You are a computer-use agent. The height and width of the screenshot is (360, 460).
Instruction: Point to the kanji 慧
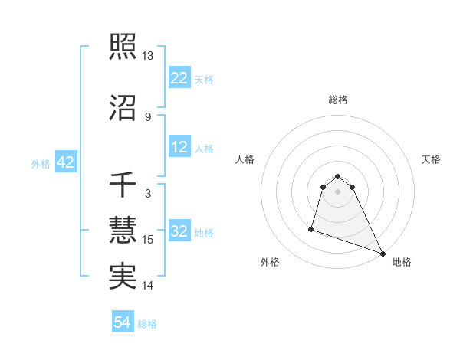click(123, 229)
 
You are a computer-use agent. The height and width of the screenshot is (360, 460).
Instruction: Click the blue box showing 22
click(179, 78)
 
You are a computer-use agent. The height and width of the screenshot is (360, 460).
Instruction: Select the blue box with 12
click(179, 148)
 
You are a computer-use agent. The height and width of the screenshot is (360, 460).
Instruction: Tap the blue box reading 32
click(179, 232)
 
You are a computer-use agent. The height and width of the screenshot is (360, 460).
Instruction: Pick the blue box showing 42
click(64, 163)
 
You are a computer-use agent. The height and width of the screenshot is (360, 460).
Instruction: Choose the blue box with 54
click(122, 323)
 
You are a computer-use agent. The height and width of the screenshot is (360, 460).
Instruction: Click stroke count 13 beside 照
click(148, 56)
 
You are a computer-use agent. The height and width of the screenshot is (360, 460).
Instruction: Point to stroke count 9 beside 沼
click(148, 116)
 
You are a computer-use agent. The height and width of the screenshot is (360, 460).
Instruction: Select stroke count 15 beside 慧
click(148, 240)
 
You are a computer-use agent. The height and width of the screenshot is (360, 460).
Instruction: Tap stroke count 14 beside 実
click(148, 286)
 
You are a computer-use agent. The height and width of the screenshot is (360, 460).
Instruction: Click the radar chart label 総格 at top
click(338, 100)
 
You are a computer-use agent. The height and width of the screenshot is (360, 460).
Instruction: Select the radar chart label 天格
click(431, 159)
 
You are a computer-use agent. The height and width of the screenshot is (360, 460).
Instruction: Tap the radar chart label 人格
click(245, 159)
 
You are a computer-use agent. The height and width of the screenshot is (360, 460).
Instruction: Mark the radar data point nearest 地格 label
click(383, 253)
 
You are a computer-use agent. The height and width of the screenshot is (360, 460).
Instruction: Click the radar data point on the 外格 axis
click(311, 228)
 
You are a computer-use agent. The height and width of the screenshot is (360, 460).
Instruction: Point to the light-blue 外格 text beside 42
click(41, 164)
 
